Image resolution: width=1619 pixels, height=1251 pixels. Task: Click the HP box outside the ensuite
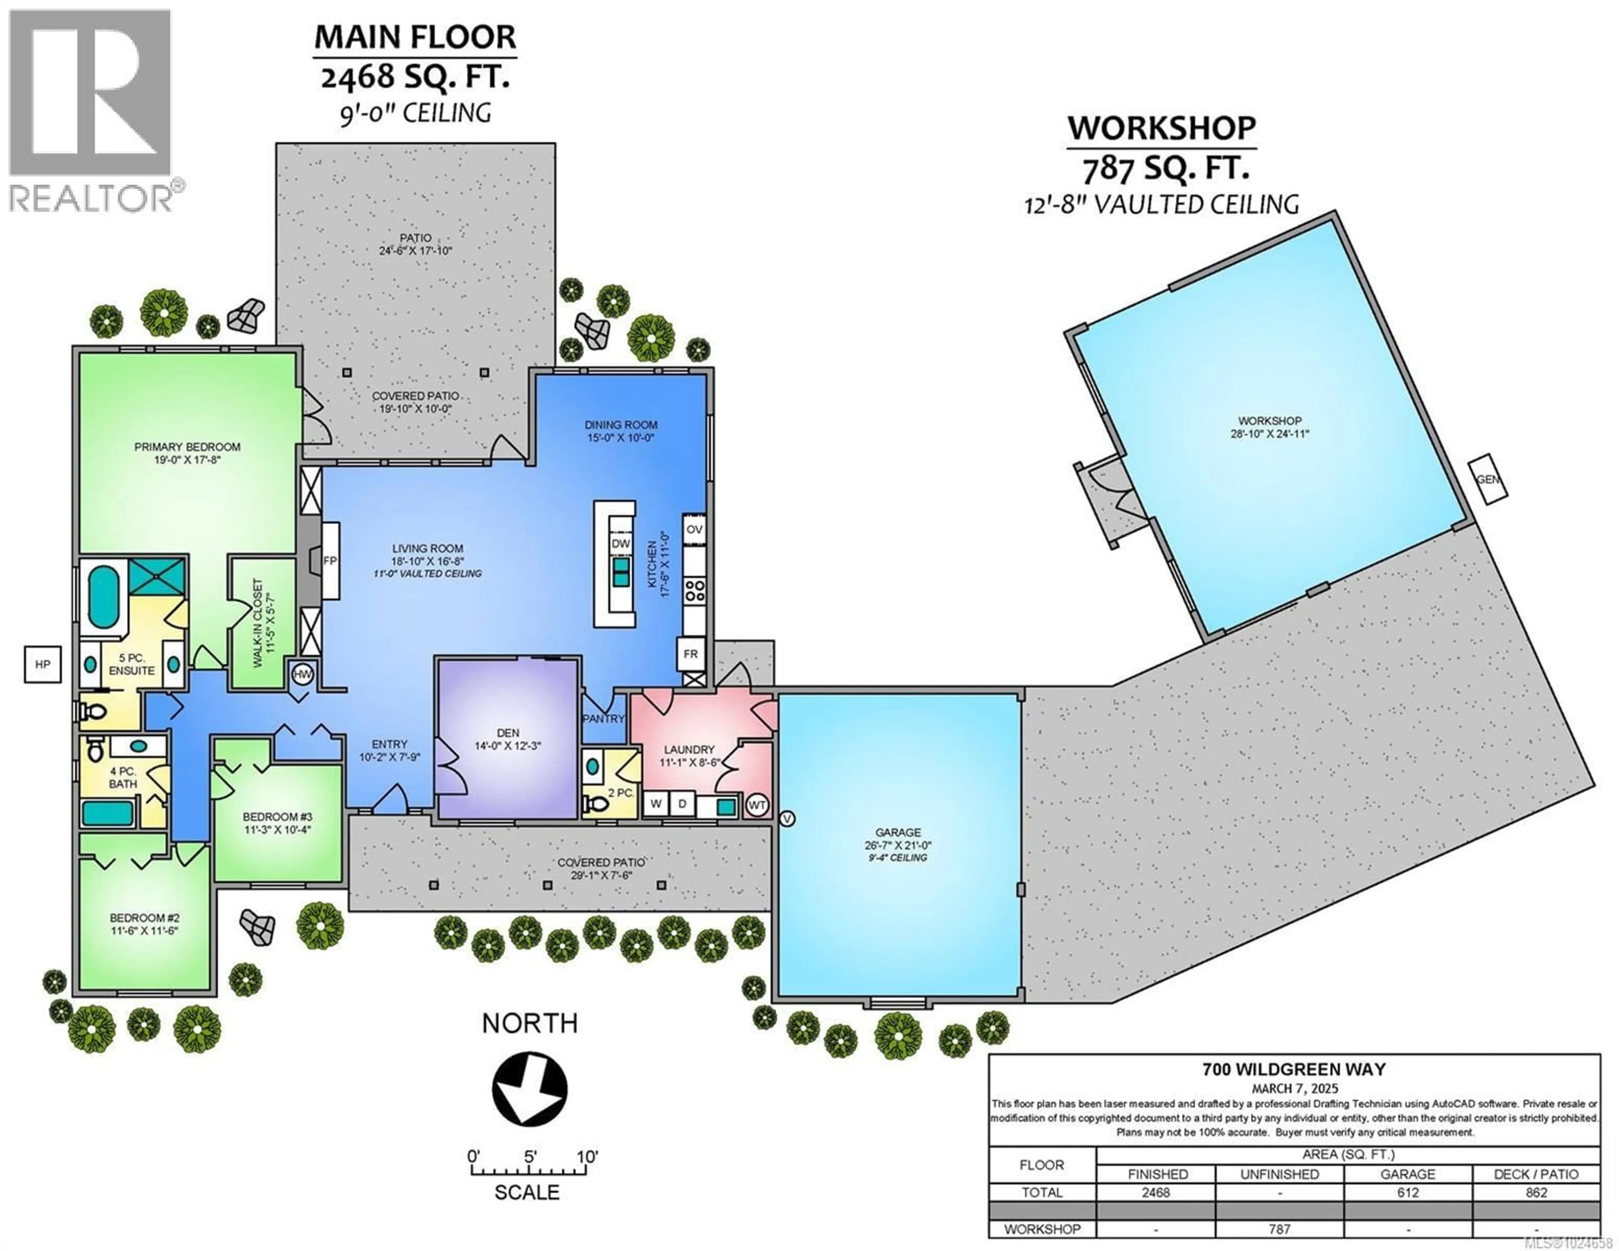(42, 665)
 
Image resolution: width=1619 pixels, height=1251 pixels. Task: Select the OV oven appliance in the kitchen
(694, 530)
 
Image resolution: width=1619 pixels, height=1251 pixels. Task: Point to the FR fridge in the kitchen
(690, 654)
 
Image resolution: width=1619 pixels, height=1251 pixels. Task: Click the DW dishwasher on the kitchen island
(621, 543)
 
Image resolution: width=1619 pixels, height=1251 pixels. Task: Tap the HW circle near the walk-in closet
(302, 674)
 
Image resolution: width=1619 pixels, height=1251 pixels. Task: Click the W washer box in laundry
(655, 804)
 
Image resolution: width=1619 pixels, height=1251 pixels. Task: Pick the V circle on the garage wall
(787, 819)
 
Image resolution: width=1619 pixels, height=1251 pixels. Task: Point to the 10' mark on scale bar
(587, 1157)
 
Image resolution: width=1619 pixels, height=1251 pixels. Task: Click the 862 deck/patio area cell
(1536, 1192)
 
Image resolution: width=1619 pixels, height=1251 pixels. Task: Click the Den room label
(508, 733)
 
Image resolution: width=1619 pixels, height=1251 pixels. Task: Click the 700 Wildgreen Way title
(1294, 1069)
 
